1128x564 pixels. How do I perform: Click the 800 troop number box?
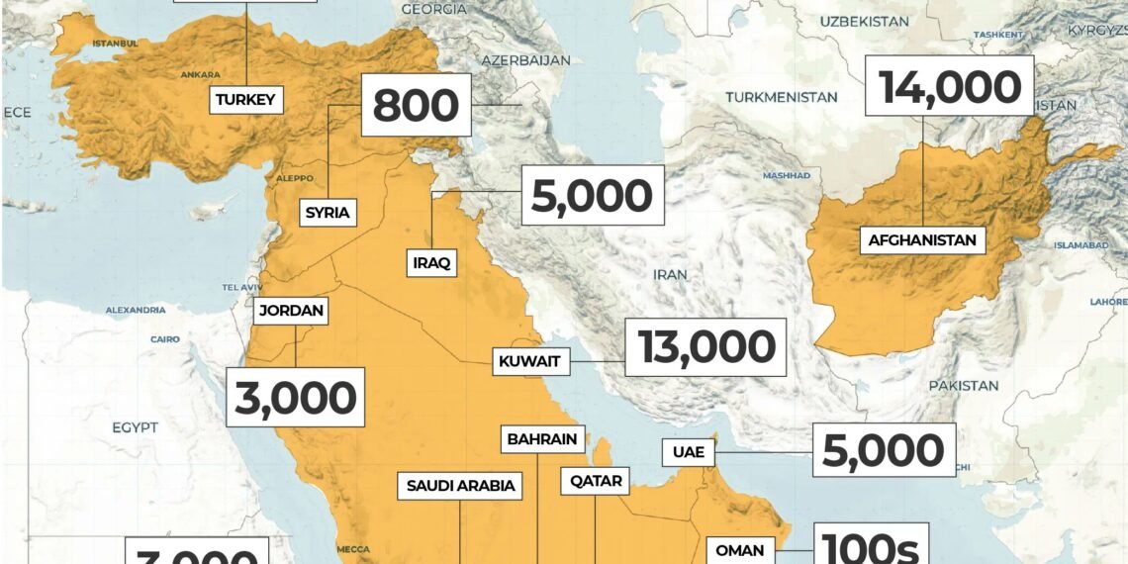(x=416, y=105)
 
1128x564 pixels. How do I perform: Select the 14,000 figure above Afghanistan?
(x=950, y=88)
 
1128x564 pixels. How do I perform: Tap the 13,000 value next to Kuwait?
(x=705, y=347)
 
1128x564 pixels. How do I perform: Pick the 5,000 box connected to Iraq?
(x=592, y=196)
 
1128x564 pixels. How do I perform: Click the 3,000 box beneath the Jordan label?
(x=295, y=398)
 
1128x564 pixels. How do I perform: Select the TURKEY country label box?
(x=245, y=99)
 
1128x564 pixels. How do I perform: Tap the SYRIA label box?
(x=328, y=212)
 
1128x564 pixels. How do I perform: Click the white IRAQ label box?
(x=432, y=263)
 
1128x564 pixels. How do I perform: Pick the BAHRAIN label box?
(x=543, y=438)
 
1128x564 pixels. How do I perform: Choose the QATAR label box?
(x=596, y=482)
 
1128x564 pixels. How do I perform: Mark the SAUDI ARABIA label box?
(x=461, y=486)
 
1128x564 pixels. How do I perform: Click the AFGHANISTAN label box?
(x=922, y=239)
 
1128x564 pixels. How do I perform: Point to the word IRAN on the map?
(x=669, y=273)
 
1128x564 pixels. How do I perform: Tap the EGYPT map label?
(x=135, y=427)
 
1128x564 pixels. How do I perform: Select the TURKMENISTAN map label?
(x=781, y=97)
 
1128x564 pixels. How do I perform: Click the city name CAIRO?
(x=165, y=339)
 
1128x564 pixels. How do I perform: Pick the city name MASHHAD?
(x=786, y=175)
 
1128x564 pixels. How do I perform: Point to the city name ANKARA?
(x=200, y=74)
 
